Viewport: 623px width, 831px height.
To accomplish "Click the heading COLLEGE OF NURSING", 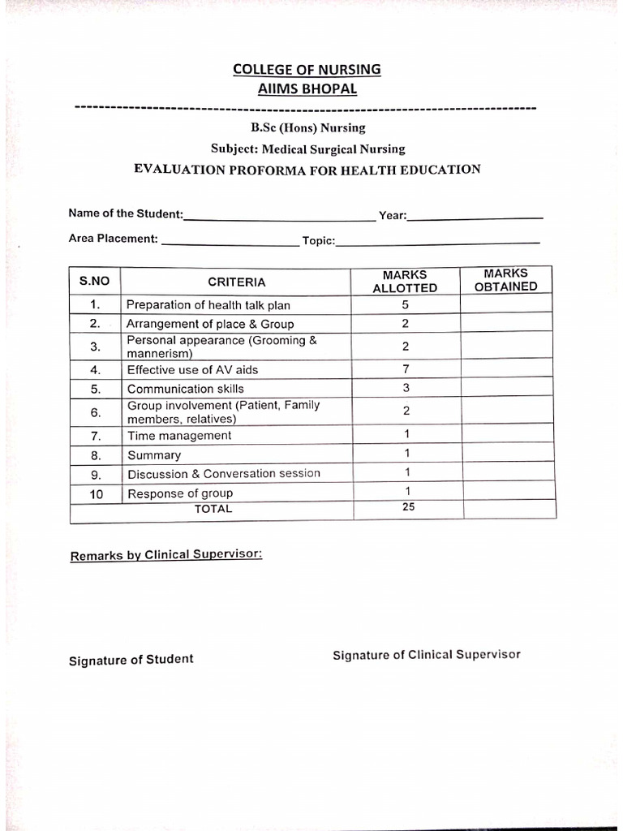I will click(x=307, y=70).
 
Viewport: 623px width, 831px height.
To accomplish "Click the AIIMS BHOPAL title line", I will click(x=307, y=89).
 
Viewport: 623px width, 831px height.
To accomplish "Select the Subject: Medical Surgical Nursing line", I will click(x=307, y=149).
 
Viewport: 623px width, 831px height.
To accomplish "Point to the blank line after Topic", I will click(x=438, y=242).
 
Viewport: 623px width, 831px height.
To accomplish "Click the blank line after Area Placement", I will click(x=230, y=242).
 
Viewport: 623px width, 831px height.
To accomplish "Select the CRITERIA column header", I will click(x=236, y=282).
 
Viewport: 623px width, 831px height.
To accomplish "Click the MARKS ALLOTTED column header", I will click(x=405, y=282).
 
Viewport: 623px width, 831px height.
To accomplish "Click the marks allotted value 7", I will click(x=405, y=369).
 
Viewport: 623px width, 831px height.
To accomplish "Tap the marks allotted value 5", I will click(x=405, y=305).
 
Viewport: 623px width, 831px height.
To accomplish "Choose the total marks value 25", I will click(x=408, y=507).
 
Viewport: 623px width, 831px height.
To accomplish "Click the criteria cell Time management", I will click(x=179, y=436).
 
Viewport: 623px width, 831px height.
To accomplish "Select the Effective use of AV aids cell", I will click(x=192, y=370).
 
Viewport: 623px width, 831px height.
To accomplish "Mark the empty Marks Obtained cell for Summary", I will click(x=507, y=454).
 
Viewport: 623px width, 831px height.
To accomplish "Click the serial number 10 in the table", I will click(x=96, y=493).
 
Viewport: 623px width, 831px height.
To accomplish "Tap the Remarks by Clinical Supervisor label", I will click(x=166, y=556).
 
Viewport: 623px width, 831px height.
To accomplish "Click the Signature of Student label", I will click(x=131, y=660).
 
